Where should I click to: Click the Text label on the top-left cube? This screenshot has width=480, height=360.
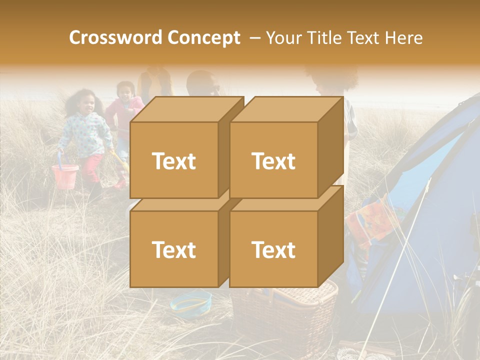173,160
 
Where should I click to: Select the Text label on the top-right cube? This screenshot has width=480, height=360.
273,160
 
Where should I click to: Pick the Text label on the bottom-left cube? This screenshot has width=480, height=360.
173,249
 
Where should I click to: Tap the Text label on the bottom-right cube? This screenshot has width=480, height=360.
273,249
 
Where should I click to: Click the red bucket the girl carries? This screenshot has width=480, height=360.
65,176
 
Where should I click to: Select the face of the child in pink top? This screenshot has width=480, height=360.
124,92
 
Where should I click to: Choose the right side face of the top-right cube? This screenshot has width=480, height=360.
330,147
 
